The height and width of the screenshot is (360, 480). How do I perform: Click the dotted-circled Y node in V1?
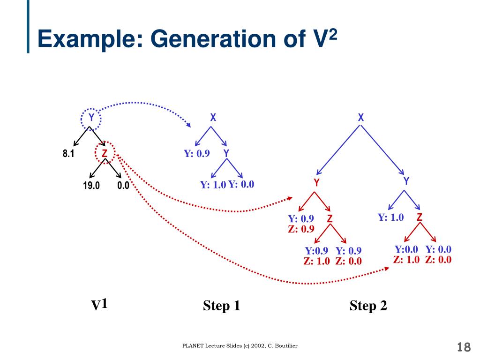(91, 117)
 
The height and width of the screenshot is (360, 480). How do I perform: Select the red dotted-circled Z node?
(105, 153)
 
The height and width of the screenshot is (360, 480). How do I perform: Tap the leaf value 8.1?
(69, 153)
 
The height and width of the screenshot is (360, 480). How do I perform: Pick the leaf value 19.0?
(91, 186)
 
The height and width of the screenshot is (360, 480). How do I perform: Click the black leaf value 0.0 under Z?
(123, 186)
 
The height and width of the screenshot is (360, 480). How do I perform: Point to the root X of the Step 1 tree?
(213, 118)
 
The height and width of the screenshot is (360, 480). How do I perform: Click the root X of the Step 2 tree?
(360, 118)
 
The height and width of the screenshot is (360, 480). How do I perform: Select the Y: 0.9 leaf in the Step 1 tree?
(196, 154)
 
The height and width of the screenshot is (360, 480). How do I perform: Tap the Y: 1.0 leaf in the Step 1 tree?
(213, 185)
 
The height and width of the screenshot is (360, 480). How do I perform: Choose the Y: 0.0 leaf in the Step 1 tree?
(241, 184)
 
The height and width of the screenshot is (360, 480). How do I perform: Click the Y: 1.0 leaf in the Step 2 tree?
(390, 217)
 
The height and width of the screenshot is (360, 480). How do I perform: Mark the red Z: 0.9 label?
(300, 229)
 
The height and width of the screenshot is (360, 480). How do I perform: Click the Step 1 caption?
(222, 306)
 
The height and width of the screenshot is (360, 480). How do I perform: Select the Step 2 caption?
(368, 306)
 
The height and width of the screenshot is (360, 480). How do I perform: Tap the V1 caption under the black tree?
(99, 305)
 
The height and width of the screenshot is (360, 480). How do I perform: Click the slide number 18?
(464, 347)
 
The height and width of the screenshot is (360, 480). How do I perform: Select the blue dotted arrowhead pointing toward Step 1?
(188, 125)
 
